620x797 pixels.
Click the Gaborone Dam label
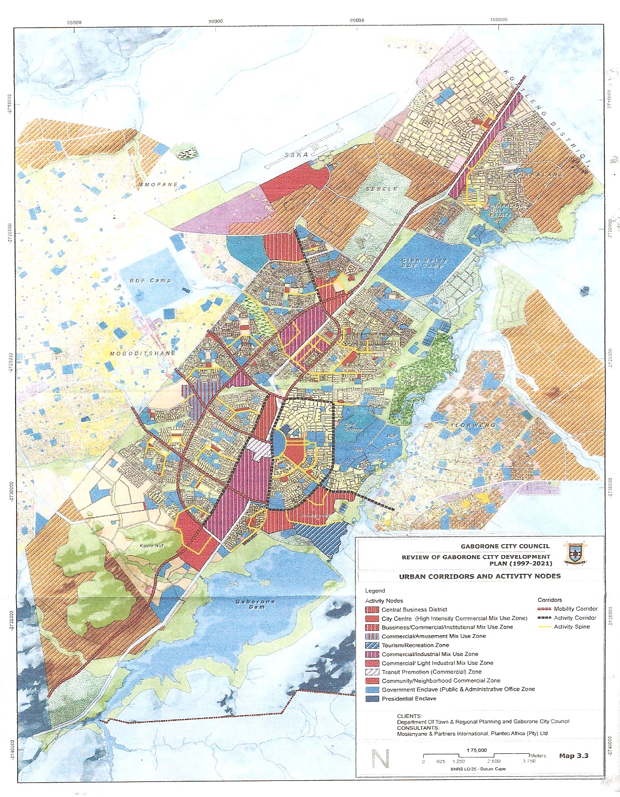point(254,605)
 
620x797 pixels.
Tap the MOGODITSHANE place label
point(143,354)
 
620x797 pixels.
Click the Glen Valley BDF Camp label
point(422,262)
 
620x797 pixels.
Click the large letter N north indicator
point(381,758)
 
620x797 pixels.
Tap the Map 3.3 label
point(574,755)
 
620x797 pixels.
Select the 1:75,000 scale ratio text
point(477,750)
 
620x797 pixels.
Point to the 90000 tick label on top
point(215,21)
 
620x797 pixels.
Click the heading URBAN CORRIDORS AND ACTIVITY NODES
point(480,576)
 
